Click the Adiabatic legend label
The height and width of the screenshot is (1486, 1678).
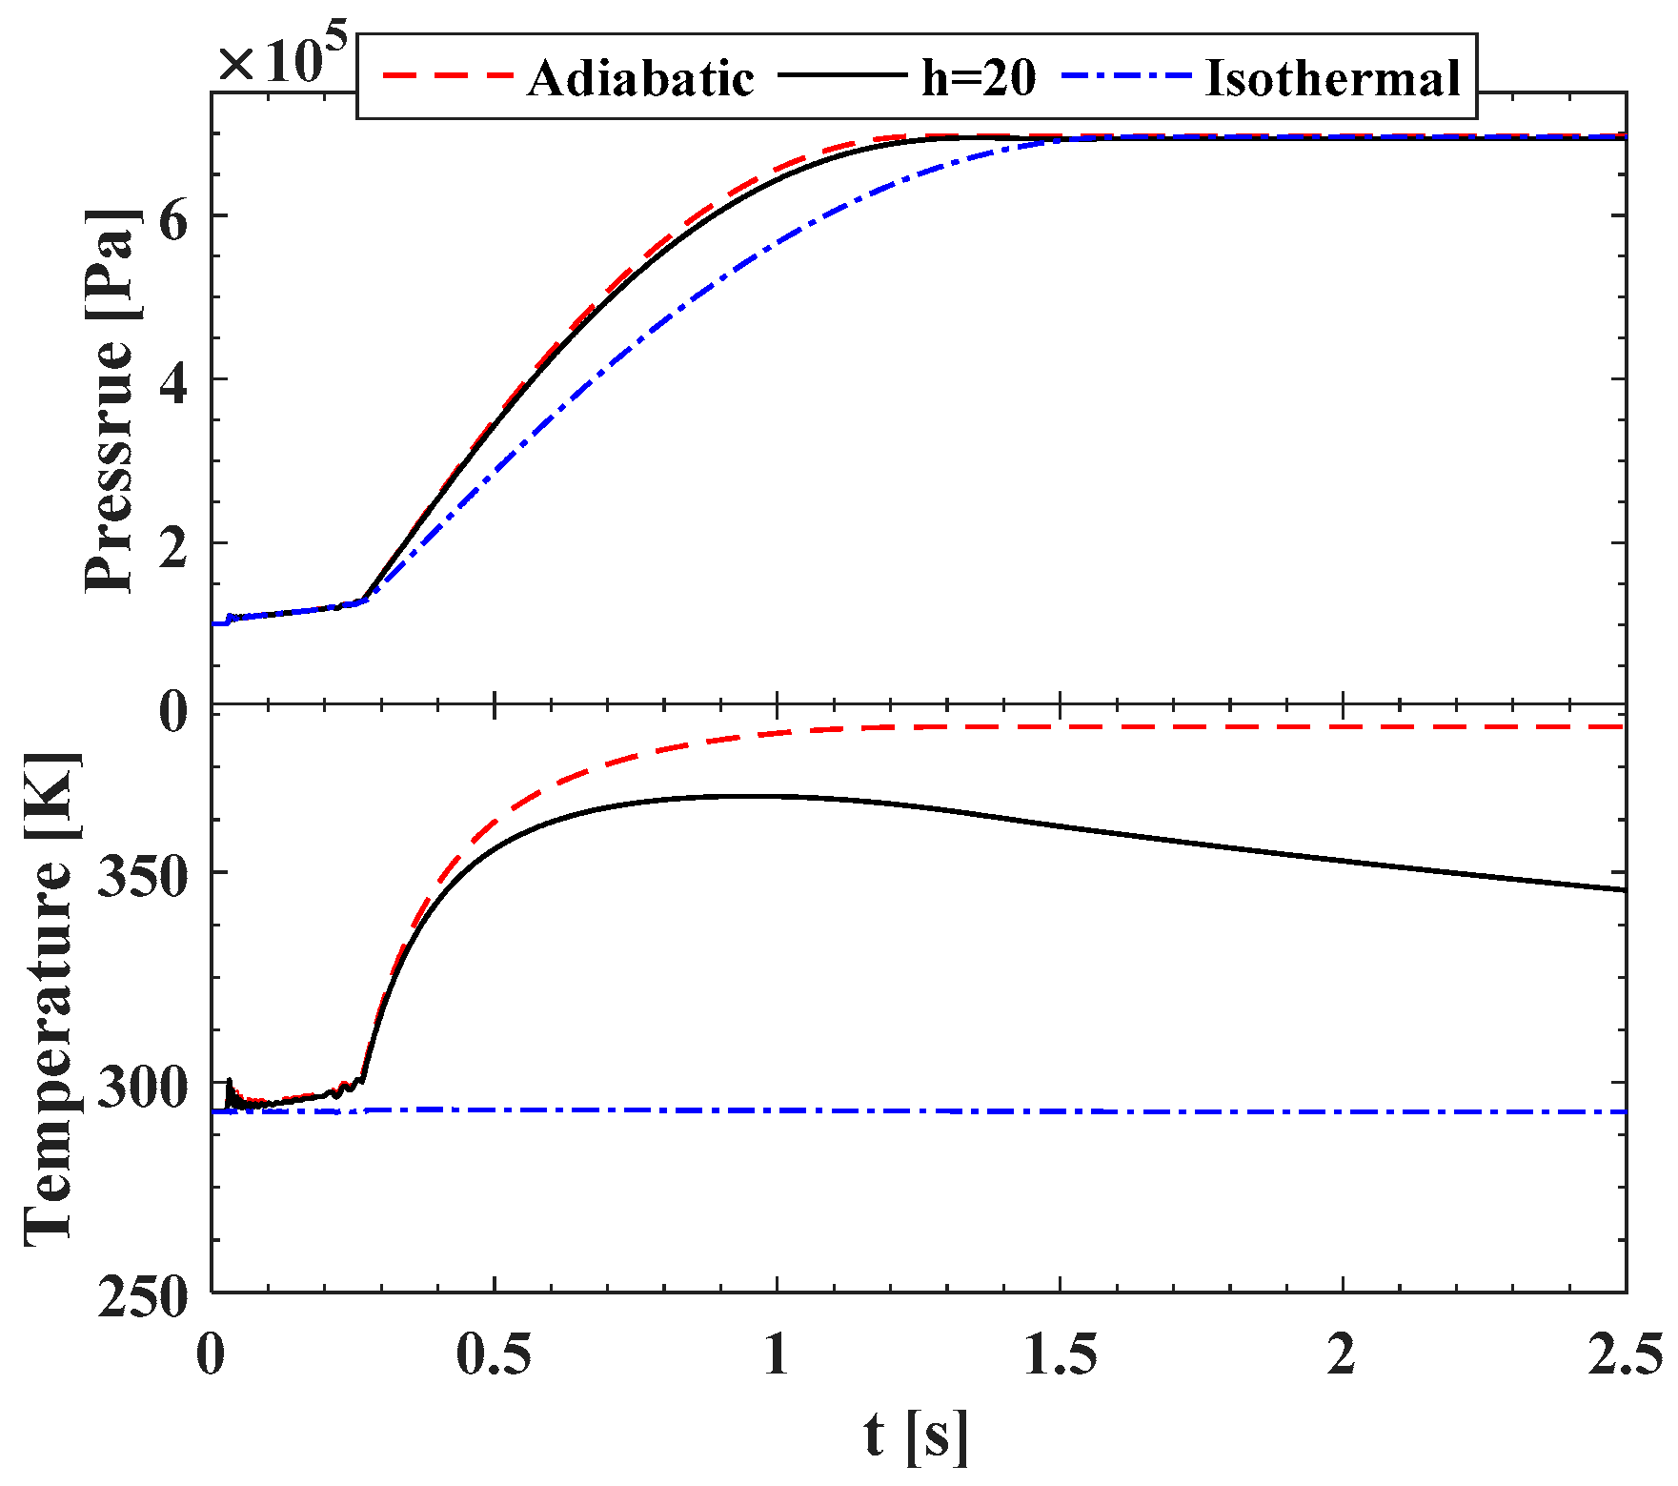tap(640, 78)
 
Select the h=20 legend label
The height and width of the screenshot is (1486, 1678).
tap(979, 78)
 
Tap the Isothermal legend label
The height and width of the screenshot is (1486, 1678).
tap(1333, 78)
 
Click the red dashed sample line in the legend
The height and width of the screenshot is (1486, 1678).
tap(448, 74)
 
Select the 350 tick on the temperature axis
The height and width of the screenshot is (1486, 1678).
tap(144, 874)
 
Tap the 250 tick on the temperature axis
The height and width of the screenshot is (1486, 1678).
tap(144, 1296)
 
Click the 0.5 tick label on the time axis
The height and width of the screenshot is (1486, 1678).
tap(494, 1354)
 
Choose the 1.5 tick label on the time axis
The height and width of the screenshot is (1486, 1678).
tap(1060, 1354)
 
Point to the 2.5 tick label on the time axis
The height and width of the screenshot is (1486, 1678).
tap(1624, 1354)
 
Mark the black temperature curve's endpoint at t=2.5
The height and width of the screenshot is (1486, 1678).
tap(1624, 890)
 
